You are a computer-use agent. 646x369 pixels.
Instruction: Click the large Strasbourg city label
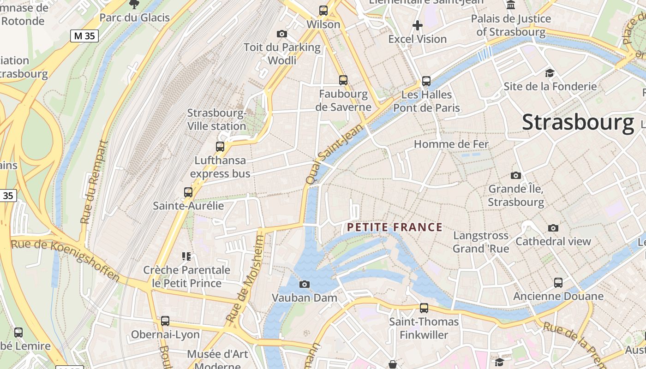578,122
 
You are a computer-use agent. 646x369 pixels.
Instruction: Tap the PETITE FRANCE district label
395,227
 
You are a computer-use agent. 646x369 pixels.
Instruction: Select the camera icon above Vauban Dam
305,284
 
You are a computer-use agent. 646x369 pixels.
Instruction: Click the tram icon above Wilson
323,10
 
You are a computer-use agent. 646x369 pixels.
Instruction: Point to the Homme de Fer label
451,144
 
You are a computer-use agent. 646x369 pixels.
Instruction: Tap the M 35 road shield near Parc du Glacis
84,36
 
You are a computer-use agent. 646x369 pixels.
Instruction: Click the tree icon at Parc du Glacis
134,5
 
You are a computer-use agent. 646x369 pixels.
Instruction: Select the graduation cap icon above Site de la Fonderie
550,73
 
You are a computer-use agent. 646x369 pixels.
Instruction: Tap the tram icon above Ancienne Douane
558,282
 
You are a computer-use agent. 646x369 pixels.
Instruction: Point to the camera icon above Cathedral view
553,228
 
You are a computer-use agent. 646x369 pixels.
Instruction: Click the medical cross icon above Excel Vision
418,25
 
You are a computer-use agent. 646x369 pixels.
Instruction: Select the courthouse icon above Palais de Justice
511,5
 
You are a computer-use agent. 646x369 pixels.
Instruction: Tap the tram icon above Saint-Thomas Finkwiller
424,308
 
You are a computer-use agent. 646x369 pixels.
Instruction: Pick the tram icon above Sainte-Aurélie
188,192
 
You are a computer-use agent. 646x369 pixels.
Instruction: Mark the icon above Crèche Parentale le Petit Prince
186,256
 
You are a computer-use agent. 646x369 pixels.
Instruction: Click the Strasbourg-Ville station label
216,119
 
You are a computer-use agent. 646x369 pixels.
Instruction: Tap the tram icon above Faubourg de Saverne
343,80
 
